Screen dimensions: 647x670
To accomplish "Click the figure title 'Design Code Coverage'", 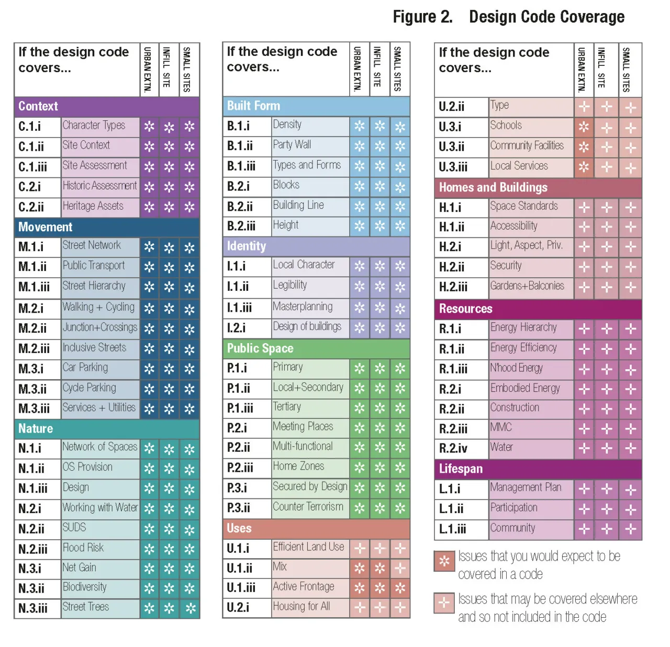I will pyautogui.click(x=546, y=17).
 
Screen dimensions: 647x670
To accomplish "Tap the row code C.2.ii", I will pyautogui.click(x=31, y=207).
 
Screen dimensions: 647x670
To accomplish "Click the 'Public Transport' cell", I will pyautogui.click(x=94, y=266).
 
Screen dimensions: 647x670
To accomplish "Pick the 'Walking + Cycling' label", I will pyautogui.click(x=98, y=307).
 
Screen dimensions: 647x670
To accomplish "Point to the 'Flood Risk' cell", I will pyautogui.click(x=83, y=548).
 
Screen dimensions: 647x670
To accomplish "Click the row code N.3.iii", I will pyautogui.click(x=33, y=608).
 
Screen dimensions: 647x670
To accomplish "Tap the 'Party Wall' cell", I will pyautogui.click(x=292, y=144).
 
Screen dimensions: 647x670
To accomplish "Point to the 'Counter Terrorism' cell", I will pyautogui.click(x=308, y=507).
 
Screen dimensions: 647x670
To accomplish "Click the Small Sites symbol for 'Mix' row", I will pyautogui.click(x=400, y=568).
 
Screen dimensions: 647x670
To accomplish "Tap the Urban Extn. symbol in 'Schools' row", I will pyautogui.click(x=584, y=127).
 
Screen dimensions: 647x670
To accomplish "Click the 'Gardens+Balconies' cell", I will pyautogui.click(x=528, y=286).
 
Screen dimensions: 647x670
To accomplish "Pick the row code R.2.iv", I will pyautogui.click(x=454, y=448).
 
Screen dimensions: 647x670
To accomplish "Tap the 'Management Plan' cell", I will pyautogui.click(x=526, y=487).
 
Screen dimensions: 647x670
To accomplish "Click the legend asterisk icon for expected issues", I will pyautogui.click(x=444, y=561).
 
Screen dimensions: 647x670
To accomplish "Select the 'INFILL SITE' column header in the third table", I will pyautogui.click(x=601, y=69).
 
